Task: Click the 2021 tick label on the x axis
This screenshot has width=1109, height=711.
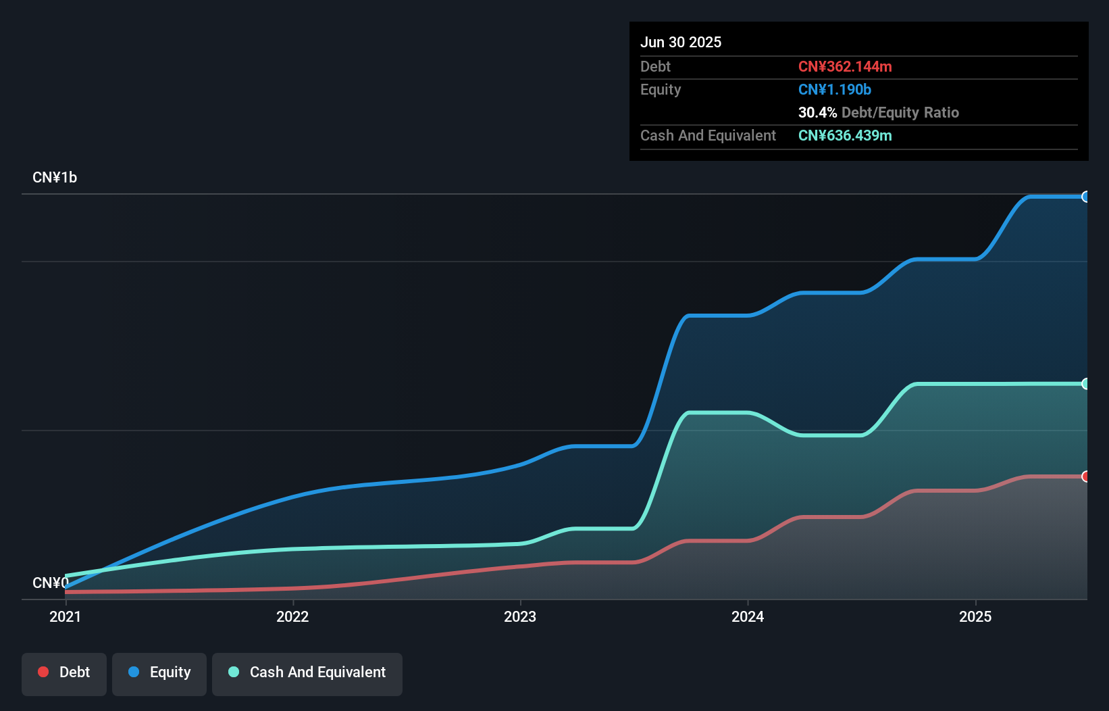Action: (65, 616)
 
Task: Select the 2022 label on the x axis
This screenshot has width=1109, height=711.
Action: (292, 616)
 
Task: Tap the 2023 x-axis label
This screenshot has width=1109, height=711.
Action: (520, 616)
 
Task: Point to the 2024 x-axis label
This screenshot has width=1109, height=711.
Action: (748, 616)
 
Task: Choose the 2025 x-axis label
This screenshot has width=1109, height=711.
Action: (975, 616)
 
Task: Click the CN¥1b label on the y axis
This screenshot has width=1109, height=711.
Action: (55, 178)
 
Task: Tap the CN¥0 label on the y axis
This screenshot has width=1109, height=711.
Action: (50, 583)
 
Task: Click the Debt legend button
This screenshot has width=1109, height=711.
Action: (64, 672)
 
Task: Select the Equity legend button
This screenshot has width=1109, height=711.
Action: (159, 672)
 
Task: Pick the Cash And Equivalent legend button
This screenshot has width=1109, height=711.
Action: (307, 672)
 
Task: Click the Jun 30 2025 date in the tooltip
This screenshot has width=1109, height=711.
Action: (681, 43)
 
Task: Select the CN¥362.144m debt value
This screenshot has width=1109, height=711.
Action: (845, 67)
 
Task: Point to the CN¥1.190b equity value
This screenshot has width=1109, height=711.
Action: (835, 90)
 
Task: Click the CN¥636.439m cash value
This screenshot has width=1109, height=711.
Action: (845, 136)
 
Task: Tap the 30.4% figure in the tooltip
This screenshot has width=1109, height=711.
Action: (817, 113)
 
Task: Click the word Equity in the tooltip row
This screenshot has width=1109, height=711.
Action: (661, 90)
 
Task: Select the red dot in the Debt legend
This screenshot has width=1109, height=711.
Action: (43, 672)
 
